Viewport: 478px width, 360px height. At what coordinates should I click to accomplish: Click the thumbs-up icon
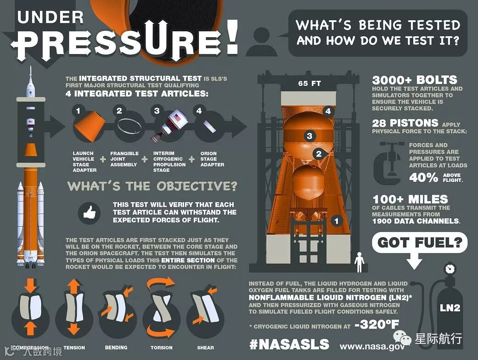tap(90, 212)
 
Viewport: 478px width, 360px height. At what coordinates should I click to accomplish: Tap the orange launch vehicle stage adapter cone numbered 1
tap(90, 126)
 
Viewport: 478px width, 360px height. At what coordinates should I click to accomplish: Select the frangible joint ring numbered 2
tap(129, 126)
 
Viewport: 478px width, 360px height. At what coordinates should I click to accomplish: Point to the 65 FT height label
tap(309, 83)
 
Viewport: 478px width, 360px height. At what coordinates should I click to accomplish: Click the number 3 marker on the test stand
tap(309, 135)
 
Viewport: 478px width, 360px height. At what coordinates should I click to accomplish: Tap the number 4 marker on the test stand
tap(328, 111)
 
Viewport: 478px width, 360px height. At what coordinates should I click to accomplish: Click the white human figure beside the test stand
tap(360, 262)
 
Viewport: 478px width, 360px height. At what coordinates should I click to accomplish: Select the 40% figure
tap(423, 177)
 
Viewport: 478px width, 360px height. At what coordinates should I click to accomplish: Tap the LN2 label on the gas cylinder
tap(450, 308)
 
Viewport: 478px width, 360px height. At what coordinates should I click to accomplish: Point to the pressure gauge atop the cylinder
tap(450, 269)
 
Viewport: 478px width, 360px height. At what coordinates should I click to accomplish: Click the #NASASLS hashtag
tap(289, 344)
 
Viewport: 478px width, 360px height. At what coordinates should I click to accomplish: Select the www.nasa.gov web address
tap(372, 347)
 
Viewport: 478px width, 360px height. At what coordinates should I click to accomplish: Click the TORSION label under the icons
tap(161, 348)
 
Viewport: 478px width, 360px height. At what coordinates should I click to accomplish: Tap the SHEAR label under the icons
tap(205, 348)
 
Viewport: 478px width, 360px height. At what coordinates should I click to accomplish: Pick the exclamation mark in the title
tap(233, 37)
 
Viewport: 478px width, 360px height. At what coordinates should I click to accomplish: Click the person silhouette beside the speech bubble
tap(262, 42)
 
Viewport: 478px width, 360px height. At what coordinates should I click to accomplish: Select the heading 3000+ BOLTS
tap(415, 80)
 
